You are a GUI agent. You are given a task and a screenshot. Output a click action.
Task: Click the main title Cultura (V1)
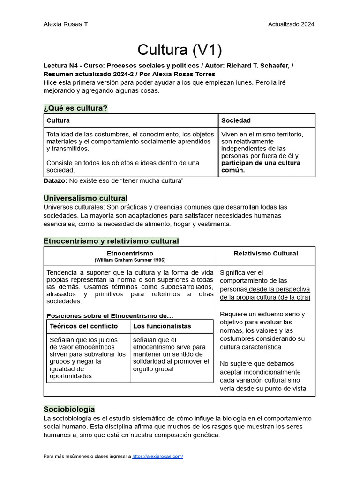tap(180, 50)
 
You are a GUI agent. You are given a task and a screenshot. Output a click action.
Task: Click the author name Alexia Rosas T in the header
tap(65, 24)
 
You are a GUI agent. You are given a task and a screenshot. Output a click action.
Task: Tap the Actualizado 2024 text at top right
tap(291, 24)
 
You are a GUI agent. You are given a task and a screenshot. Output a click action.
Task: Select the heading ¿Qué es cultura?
tap(75, 108)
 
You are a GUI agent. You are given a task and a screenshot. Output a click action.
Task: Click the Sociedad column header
tap(236, 121)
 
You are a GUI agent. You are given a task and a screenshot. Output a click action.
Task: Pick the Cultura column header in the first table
tap(58, 121)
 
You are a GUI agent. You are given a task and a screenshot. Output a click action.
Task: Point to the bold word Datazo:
tap(55, 181)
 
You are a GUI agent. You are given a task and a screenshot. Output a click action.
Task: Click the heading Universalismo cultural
tap(85, 198)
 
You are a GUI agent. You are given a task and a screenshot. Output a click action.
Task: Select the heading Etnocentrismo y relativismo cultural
tap(111, 241)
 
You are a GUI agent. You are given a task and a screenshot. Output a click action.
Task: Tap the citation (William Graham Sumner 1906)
tap(130, 260)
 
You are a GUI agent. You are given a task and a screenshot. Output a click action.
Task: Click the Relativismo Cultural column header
tap(266, 254)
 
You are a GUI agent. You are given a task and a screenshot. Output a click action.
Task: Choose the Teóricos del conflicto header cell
tap(83, 326)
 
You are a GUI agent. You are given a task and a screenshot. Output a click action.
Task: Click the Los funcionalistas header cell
tap(162, 326)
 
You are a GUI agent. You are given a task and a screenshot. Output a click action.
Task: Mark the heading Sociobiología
tap(69, 409)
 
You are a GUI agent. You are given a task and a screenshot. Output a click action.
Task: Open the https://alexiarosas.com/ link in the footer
tap(157, 456)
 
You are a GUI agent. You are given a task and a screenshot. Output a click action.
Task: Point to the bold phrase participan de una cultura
tap(261, 163)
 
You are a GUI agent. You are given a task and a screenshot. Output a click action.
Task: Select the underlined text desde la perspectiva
tap(280, 289)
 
